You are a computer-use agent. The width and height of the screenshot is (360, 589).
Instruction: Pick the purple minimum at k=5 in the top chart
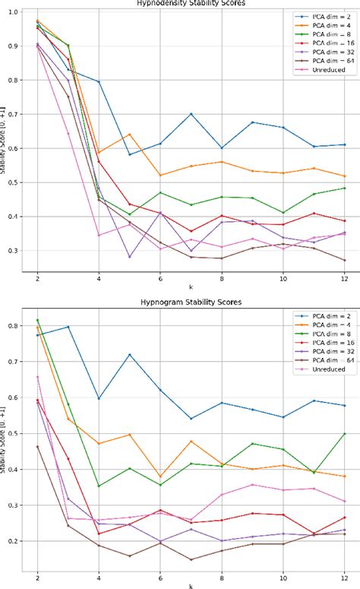pyautogui.click(x=130, y=257)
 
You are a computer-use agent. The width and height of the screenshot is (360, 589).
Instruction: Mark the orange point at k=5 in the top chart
pyautogui.click(x=130, y=135)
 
